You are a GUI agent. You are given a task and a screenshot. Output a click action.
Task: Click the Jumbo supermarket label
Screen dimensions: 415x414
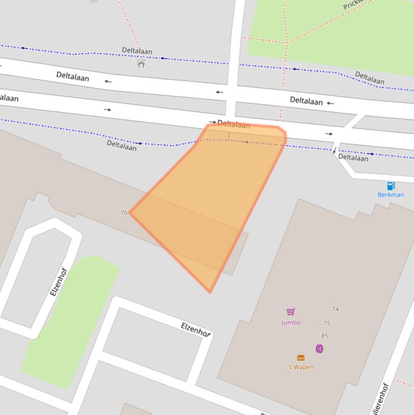[291, 323]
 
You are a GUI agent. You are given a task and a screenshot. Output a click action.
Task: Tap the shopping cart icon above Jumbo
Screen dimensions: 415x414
[291, 312]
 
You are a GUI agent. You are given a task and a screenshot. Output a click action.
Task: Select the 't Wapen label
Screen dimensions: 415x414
[300, 367]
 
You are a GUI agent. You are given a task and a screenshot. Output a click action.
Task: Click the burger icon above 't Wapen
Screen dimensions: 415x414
[301, 358]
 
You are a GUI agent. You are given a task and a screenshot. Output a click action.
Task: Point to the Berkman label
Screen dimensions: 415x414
[390, 195]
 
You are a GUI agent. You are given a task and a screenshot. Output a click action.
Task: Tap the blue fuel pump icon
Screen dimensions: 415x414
[391, 186]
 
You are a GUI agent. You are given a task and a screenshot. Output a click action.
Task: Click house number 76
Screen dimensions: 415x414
[124, 213]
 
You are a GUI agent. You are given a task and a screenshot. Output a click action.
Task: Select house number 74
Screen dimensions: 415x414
[335, 309]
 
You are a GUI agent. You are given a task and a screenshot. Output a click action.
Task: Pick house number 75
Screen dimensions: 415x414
[327, 323]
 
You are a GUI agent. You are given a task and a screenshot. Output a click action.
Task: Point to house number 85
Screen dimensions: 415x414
[324, 336]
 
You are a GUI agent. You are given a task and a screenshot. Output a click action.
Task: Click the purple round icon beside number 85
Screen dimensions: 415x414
[319, 349]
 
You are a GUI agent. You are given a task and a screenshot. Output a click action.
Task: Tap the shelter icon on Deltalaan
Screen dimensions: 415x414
[141, 64]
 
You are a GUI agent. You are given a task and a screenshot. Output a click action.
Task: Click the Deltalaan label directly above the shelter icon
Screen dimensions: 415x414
[137, 51]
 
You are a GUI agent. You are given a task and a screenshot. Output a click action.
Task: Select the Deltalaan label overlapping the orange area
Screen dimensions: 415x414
[234, 124]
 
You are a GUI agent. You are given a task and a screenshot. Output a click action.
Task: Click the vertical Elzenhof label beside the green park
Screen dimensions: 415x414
[58, 281]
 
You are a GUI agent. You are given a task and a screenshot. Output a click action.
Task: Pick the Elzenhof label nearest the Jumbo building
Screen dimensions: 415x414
[195, 329]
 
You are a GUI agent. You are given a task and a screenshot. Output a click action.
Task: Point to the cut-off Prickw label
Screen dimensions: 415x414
[353, 5]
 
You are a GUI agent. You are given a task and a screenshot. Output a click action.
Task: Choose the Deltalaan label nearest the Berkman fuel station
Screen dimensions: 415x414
[353, 157]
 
